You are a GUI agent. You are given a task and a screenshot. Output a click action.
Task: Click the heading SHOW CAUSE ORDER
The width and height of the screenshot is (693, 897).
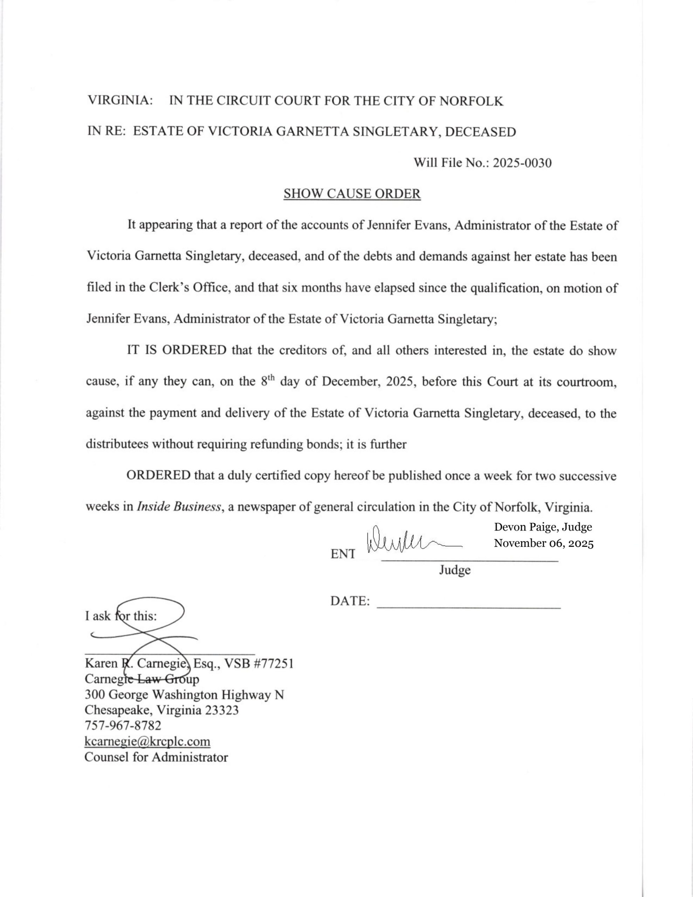tap(352, 193)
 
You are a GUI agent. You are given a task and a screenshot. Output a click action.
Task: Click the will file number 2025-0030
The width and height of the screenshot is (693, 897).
tap(522, 163)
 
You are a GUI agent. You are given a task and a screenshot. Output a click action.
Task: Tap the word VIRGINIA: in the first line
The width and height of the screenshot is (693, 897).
tap(120, 101)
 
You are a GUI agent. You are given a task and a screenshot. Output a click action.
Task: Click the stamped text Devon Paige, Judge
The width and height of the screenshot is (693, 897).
tap(543, 527)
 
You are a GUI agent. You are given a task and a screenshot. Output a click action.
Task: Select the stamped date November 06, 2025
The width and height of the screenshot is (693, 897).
tap(543, 543)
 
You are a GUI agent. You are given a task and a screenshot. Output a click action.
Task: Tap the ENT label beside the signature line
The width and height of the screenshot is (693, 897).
tap(343, 554)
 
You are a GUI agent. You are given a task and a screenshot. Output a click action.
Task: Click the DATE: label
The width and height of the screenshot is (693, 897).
tap(350, 601)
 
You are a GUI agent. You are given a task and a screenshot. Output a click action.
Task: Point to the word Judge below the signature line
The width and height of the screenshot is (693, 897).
tap(455, 570)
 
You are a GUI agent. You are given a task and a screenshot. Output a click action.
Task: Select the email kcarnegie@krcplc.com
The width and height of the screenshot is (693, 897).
tap(147, 741)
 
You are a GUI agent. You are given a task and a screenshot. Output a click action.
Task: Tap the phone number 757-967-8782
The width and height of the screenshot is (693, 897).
tap(123, 725)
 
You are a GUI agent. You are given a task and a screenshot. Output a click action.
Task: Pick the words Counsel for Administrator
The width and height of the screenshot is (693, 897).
tap(156, 757)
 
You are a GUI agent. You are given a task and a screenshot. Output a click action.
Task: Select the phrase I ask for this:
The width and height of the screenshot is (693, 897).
tap(121, 616)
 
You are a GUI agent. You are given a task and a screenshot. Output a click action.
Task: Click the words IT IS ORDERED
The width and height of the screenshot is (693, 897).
tap(177, 350)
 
